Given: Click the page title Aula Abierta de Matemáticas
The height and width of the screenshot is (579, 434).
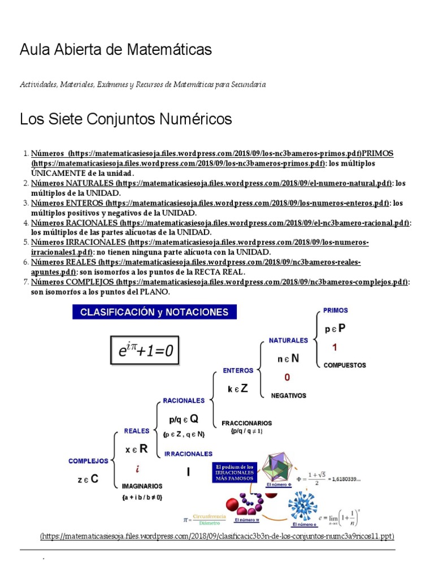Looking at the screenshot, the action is [116, 50].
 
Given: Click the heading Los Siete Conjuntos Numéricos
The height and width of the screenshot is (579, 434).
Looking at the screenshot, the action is [126, 119].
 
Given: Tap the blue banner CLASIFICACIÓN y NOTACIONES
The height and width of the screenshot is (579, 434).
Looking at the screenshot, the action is [154, 312].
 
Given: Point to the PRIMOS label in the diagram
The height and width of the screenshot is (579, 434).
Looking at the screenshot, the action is [335, 310].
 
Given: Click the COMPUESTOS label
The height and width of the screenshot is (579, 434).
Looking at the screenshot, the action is [344, 365].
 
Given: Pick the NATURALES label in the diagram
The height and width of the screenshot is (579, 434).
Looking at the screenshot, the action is [288, 340].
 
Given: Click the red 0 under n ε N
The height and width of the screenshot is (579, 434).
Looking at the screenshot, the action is [287, 377].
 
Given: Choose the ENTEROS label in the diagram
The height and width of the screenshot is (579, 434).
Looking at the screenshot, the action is [238, 371].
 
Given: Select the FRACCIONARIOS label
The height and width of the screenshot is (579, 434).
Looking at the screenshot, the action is [246, 423].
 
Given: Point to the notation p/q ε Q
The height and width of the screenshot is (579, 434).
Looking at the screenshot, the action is [184, 419].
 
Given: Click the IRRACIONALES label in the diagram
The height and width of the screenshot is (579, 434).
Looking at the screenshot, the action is [188, 453].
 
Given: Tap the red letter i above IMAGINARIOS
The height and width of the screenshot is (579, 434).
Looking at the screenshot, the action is [137, 469].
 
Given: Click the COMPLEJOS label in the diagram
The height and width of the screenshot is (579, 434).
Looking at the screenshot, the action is [88, 461].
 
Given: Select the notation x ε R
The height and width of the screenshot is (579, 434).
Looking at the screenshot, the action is [137, 449].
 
